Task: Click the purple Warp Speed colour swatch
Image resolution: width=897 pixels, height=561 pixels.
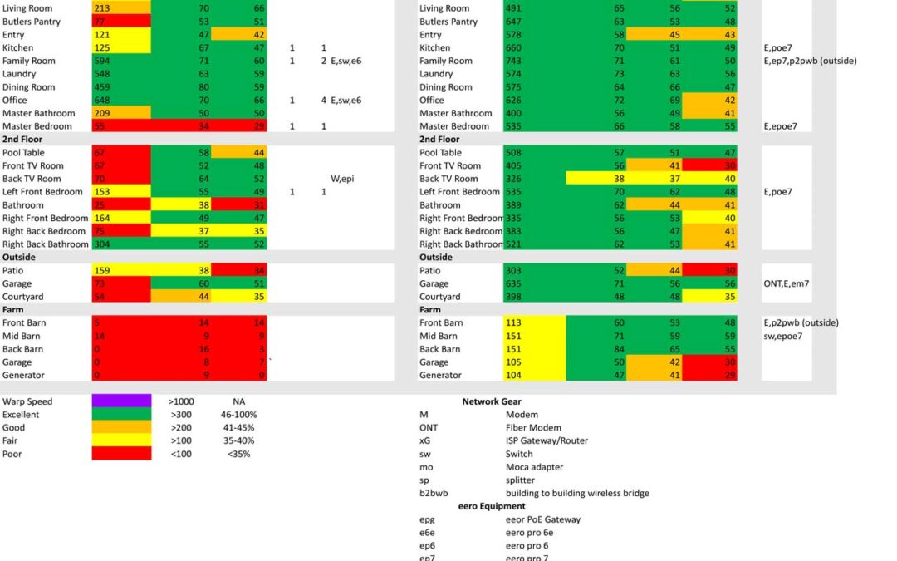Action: click(121, 401)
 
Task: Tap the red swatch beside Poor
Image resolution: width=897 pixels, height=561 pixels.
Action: click(121, 454)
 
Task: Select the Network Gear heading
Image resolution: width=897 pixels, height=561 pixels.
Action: click(492, 401)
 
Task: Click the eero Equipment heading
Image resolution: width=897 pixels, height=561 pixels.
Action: click(492, 506)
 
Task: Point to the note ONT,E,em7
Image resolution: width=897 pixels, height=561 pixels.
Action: click(786, 283)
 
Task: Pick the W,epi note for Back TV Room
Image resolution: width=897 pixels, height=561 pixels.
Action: click(342, 179)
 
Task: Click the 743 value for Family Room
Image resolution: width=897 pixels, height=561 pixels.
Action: click(513, 61)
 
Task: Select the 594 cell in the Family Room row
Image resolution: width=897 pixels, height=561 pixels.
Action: click(102, 61)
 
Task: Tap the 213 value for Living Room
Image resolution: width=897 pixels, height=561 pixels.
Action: click(102, 8)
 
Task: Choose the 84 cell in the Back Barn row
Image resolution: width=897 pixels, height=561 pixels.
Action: click(619, 348)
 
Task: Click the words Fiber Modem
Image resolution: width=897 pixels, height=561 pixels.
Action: click(533, 428)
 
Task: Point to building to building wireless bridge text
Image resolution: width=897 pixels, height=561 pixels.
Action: click(577, 493)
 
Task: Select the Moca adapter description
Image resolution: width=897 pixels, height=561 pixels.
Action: click(534, 467)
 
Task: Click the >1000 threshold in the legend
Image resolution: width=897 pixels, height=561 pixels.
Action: click(181, 401)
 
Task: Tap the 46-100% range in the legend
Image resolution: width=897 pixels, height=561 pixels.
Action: click(238, 415)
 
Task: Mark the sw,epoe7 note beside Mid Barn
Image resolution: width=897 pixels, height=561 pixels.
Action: click(782, 336)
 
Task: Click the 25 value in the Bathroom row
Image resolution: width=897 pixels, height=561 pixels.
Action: click(100, 205)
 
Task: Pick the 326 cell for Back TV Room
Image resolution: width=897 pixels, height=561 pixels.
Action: click(513, 179)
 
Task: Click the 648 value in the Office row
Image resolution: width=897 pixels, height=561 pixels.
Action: click(102, 101)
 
